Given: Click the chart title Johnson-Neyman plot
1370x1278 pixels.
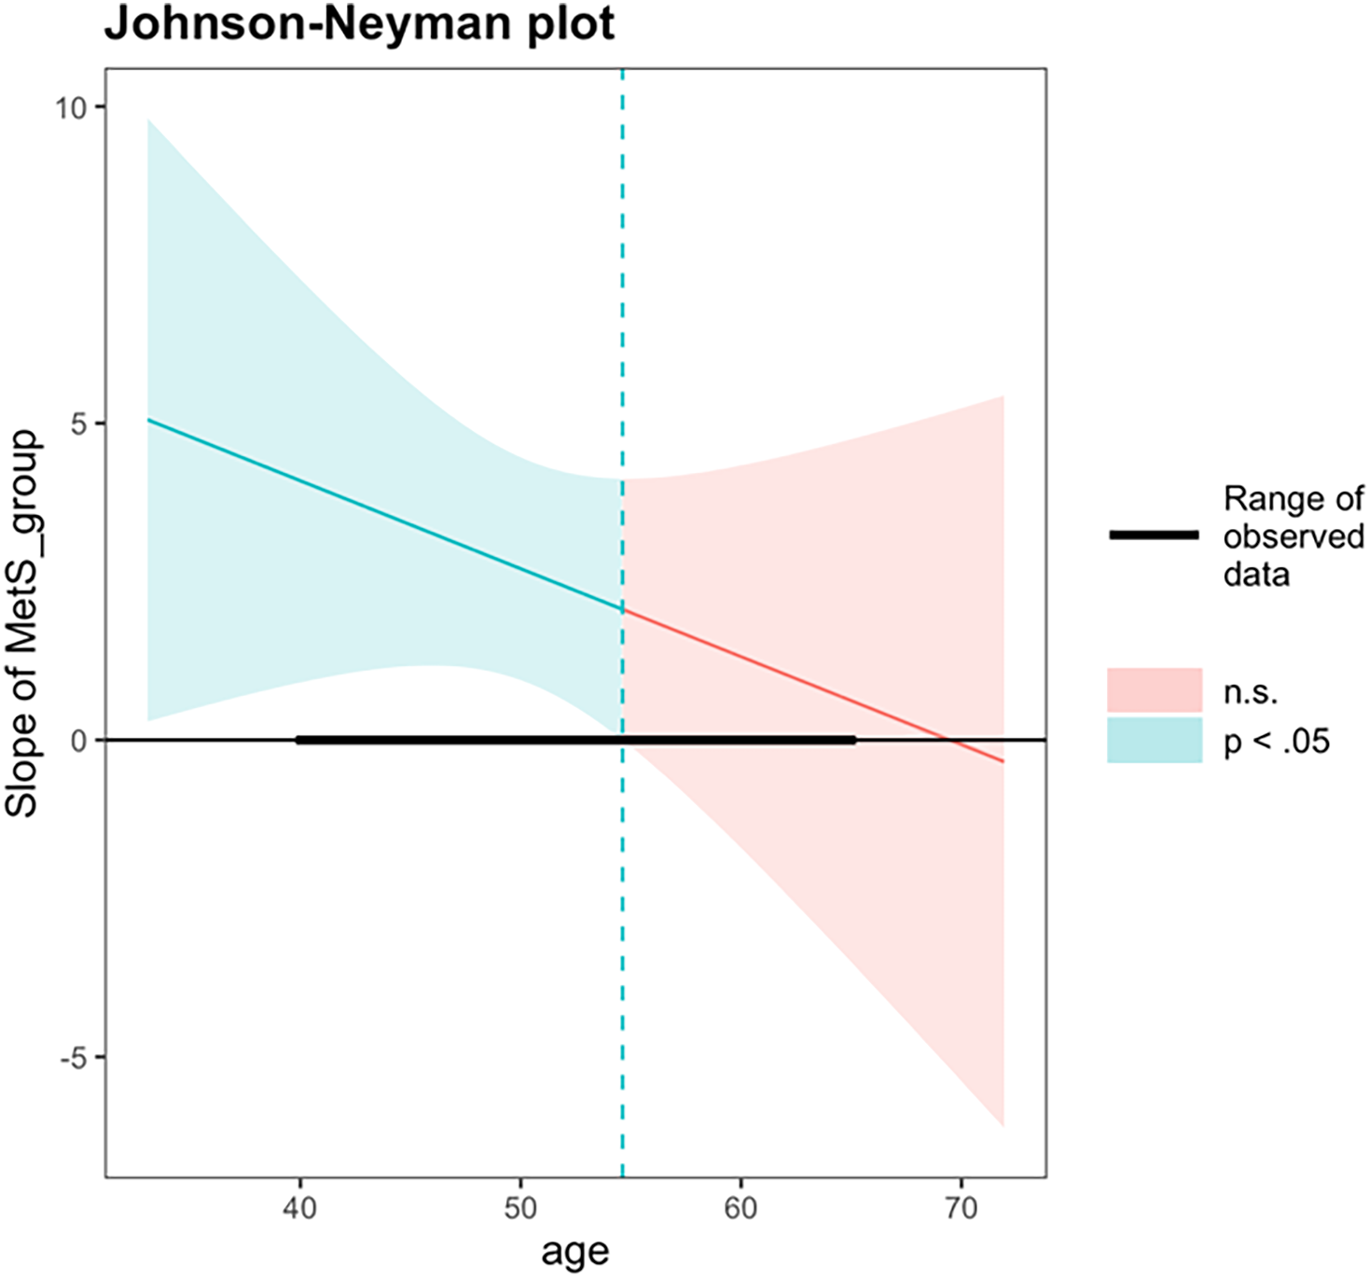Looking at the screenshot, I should click(359, 24).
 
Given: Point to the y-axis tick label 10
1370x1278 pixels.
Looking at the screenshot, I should click(69, 107).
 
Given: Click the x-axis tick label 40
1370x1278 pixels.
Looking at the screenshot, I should click(299, 1209).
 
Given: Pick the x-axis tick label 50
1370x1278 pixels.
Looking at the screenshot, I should click(520, 1209).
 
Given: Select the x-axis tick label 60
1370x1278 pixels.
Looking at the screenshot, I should click(740, 1209).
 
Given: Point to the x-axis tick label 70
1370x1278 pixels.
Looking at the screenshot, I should click(961, 1209).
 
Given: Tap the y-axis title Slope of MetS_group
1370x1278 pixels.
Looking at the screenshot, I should click(22, 623).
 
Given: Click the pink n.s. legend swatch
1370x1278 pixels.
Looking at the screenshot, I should click(1155, 691).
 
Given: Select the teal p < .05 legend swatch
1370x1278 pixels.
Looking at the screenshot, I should click(1155, 741).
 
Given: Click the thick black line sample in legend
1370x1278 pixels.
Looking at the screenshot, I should click(1155, 535).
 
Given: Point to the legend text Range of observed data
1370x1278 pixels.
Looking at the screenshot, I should click(1294, 536).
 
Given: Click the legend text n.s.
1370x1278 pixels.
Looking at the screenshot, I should click(1251, 693).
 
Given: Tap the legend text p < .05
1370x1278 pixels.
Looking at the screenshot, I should click(1277, 742).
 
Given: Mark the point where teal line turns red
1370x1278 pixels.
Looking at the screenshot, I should click(622, 609).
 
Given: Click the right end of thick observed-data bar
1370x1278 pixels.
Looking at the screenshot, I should click(854, 741).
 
